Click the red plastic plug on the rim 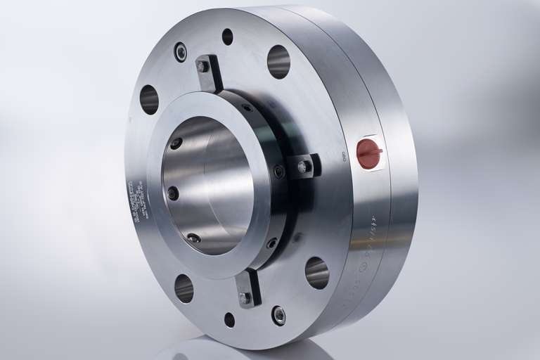pos(368,153)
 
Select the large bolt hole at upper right pos(278,61)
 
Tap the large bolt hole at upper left pos(149,99)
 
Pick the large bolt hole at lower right pos(316,273)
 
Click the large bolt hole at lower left pos(184,288)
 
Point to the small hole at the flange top pos(227,37)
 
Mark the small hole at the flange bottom pos(229,320)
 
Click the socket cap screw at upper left pos(181,51)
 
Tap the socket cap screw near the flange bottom pos(279,316)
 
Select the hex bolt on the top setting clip pos(203,67)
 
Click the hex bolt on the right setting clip pos(303,167)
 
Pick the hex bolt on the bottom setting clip pos(245,298)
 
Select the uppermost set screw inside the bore pos(176,143)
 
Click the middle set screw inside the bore pos(173,193)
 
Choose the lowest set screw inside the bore pos(193,238)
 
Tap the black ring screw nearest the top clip pos(247,108)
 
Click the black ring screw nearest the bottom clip pos(271,243)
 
